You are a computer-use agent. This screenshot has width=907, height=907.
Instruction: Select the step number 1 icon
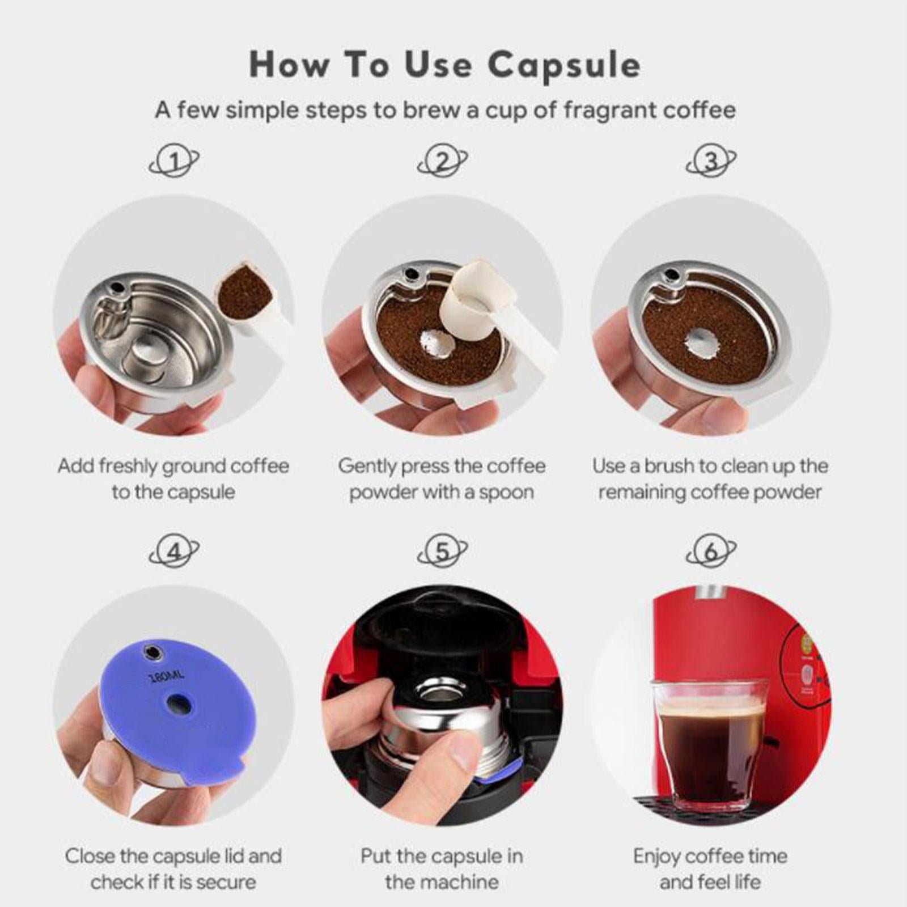(174, 162)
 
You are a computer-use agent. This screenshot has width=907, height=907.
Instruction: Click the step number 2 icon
(442, 162)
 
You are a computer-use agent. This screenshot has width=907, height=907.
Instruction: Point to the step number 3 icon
(711, 162)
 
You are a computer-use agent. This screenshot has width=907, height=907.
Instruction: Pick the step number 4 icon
(174, 552)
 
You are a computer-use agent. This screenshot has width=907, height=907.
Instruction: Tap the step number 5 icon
(442, 552)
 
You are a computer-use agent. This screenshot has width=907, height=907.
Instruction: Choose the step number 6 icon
(711, 552)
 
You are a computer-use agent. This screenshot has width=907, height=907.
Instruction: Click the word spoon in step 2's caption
(506, 493)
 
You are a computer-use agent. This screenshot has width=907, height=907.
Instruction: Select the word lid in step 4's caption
(231, 855)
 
